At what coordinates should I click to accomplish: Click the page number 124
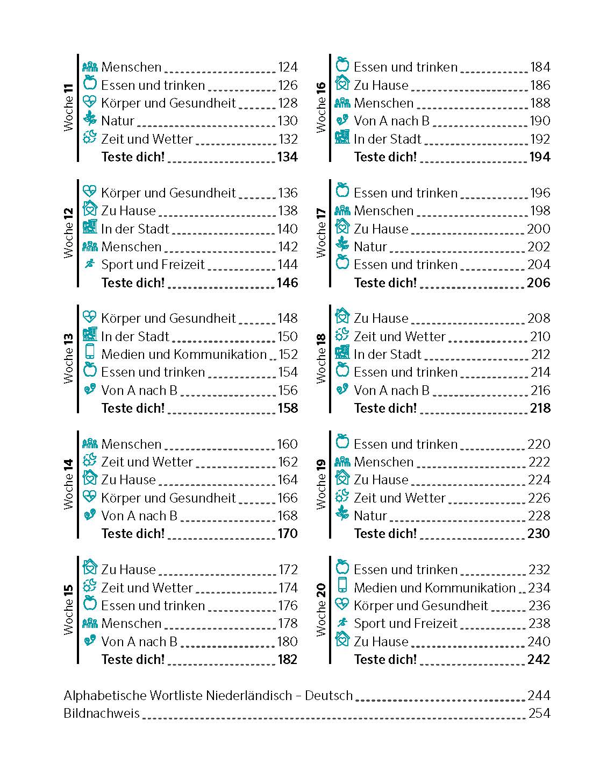(288, 67)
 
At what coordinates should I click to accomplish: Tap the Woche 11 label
(68, 108)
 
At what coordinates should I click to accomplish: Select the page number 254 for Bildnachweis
(539, 713)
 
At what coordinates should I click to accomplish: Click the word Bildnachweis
(102, 713)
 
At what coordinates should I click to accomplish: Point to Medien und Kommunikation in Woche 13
(184, 355)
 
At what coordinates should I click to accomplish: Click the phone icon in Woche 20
(342, 585)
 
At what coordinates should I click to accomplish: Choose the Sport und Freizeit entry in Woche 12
(153, 265)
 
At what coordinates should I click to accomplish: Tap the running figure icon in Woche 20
(342, 623)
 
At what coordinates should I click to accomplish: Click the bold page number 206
(539, 282)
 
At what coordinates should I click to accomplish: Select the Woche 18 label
(321, 359)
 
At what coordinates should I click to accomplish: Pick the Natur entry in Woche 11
(118, 121)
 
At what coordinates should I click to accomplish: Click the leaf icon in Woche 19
(342, 513)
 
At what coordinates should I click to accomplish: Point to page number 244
(539, 696)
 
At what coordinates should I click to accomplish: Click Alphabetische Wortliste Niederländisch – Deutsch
(208, 696)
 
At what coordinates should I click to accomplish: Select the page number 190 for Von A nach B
(540, 121)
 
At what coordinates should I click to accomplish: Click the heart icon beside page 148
(90, 317)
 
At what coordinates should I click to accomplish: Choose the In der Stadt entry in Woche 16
(388, 139)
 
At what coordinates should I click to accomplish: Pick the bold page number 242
(539, 659)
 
